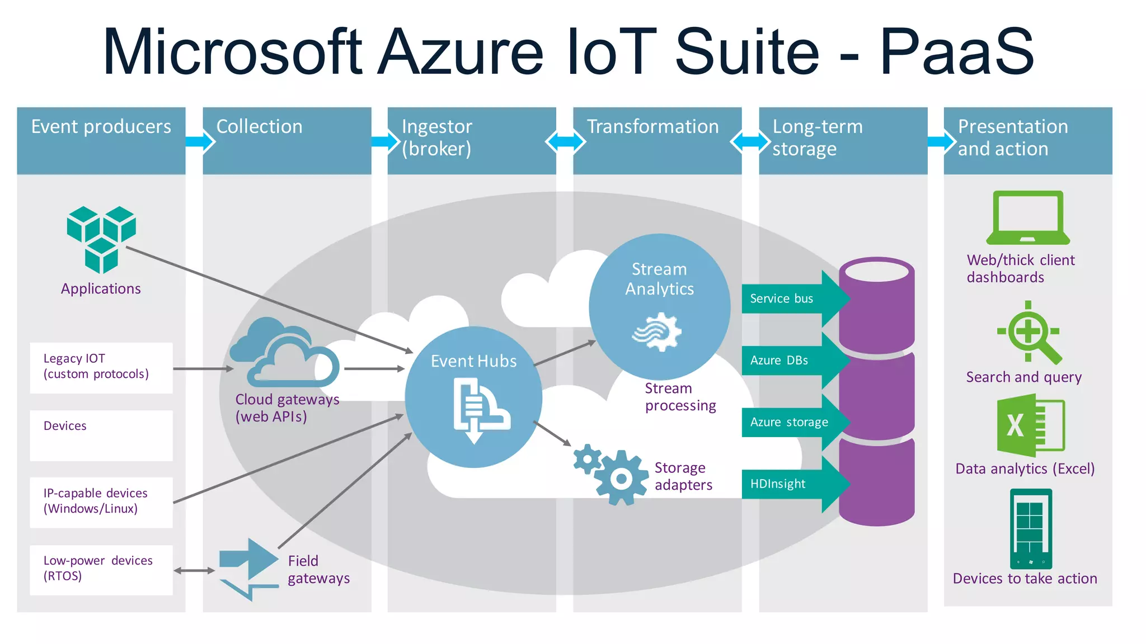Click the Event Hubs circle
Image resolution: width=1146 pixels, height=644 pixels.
[473, 397]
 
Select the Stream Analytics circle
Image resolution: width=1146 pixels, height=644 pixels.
[659, 306]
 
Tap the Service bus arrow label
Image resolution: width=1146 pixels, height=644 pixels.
[782, 299]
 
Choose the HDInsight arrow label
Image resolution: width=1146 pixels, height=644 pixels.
[778, 484]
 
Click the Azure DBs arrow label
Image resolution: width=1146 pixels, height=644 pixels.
[779, 361]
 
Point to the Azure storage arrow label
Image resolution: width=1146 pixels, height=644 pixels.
[789, 423]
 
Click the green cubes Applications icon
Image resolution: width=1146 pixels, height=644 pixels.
[101, 239]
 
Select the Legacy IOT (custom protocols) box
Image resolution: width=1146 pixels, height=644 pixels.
[101, 367]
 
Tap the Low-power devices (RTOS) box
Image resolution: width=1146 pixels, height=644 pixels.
[101, 569]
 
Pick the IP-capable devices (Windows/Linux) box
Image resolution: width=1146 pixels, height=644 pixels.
[101, 502]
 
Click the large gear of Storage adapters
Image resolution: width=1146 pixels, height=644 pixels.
[621, 478]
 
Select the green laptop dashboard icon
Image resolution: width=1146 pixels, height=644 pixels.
[1027, 218]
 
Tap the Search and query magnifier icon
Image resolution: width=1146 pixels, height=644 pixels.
[1028, 333]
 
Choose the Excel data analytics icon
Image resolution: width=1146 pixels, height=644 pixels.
[1030, 425]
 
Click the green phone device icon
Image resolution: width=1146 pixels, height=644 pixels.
[1031, 528]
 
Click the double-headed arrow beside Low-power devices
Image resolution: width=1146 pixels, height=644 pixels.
[194, 571]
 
